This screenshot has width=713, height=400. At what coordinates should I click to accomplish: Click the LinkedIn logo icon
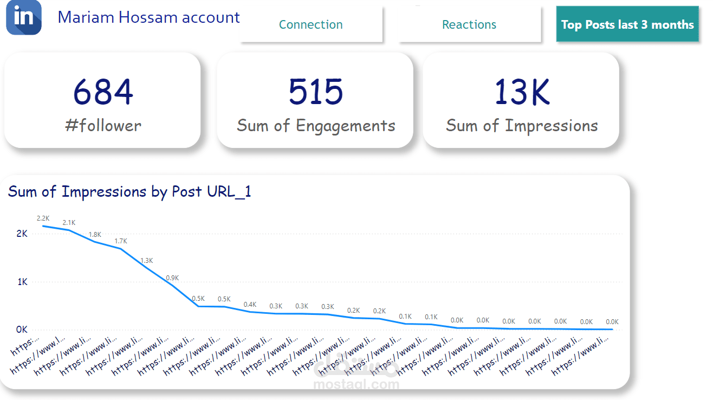[x=24, y=17]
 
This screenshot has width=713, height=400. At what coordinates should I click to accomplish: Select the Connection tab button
[x=310, y=24]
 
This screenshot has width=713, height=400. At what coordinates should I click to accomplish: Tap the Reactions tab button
[x=469, y=24]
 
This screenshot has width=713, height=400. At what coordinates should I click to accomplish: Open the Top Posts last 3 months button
[x=627, y=24]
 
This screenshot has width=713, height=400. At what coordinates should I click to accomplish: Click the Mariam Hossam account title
[x=148, y=17]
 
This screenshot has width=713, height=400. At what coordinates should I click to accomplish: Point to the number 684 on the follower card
[x=103, y=92]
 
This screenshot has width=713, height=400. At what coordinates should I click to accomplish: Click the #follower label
[x=103, y=126]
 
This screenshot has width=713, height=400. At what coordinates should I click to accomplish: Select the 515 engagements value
[x=316, y=92]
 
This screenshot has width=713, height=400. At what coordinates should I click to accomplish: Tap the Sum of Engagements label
[x=316, y=126]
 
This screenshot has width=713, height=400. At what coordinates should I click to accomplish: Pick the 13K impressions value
[x=522, y=92]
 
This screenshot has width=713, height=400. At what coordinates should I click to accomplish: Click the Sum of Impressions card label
[x=522, y=126]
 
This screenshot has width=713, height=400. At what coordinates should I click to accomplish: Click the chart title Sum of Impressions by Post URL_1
[x=129, y=192]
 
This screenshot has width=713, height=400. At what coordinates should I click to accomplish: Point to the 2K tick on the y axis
[x=22, y=234]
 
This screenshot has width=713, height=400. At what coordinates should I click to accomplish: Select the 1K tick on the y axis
[x=22, y=282]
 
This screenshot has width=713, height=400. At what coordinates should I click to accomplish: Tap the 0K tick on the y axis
[x=22, y=330]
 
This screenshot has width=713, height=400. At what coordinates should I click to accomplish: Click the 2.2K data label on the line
[x=43, y=218]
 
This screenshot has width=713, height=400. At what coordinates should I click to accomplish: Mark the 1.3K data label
[x=147, y=261]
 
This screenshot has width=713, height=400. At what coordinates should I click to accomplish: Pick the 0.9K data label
[x=172, y=278]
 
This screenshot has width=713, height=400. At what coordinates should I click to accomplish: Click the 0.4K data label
[x=250, y=305]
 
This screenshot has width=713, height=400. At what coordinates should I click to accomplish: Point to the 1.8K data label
[x=95, y=235]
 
